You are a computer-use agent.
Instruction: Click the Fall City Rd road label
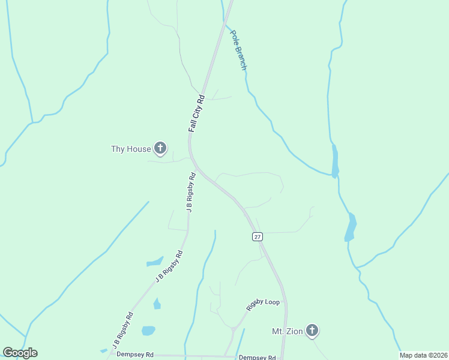(x=197, y=113)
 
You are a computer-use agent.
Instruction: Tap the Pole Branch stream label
(x=238, y=50)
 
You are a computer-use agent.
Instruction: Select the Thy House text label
(x=131, y=149)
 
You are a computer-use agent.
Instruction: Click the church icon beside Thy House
(x=160, y=148)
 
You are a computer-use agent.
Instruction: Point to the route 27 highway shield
(x=257, y=237)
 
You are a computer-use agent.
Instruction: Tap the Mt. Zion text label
(x=285, y=331)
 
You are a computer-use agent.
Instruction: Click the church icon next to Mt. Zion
(x=312, y=330)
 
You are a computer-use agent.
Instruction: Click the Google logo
(x=20, y=353)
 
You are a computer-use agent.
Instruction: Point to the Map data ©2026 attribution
(x=423, y=355)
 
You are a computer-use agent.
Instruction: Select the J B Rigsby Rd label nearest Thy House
(x=191, y=193)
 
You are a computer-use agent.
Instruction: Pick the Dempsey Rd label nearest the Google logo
(x=135, y=355)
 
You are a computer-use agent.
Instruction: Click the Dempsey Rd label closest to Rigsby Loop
(x=256, y=357)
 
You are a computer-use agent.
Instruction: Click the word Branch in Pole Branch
(x=241, y=57)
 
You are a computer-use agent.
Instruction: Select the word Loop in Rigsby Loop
(x=272, y=302)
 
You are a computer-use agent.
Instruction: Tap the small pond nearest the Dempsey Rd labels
(x=148, y=331)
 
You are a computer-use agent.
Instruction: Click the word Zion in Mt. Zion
(x=292, y=331)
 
